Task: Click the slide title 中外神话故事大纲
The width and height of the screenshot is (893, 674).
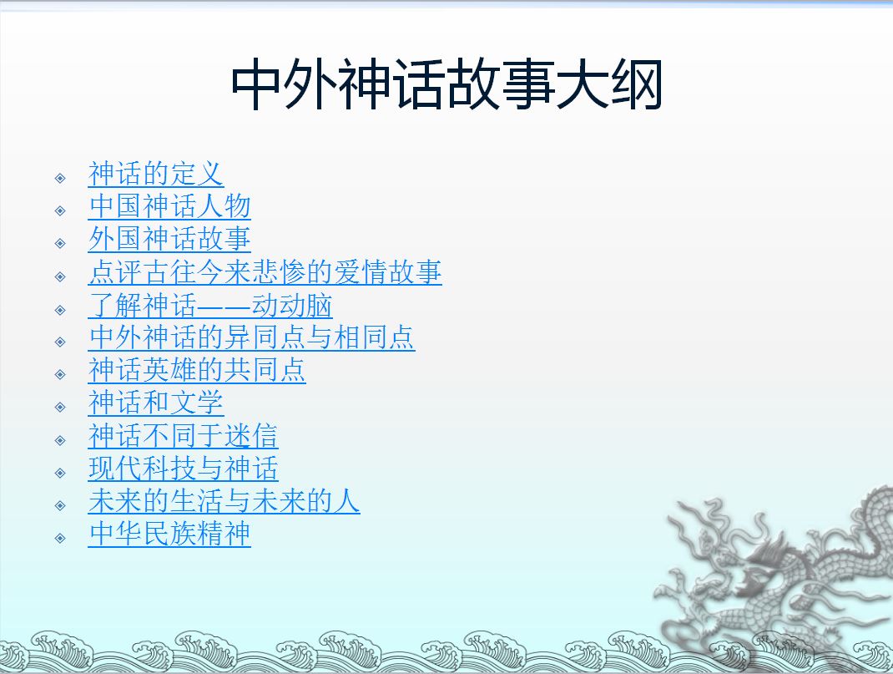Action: pos(446,85)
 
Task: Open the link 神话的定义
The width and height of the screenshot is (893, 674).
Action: pos(155,174)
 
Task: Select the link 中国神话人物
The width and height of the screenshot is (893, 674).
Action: pos(169,206)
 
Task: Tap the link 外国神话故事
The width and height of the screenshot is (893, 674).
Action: pos(169,239)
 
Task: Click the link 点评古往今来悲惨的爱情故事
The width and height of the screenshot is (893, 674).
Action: pos(265,271)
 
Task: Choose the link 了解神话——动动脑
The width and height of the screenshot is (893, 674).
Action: pos(210,306)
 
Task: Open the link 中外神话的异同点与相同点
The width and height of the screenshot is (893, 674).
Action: pos(252,337)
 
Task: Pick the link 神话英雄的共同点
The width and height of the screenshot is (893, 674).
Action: pos(197,370)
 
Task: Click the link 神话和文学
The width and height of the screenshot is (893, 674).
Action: pos(155,403)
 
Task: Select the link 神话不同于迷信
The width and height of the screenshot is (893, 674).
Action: pos(183,436)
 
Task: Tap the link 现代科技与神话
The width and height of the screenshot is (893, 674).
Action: pos(183,469)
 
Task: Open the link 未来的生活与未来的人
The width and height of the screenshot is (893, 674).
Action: pos(224,501)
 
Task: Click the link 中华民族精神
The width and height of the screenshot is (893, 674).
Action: pos(169,534)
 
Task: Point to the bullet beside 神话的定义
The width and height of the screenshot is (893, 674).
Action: pos(60,179)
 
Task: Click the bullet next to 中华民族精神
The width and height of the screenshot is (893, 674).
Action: pos(60,539)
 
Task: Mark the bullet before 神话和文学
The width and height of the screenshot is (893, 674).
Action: pos(60,407)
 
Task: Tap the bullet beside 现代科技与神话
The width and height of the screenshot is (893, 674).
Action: pos(60,473)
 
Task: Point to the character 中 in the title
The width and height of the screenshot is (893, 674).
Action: pos(257,85)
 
